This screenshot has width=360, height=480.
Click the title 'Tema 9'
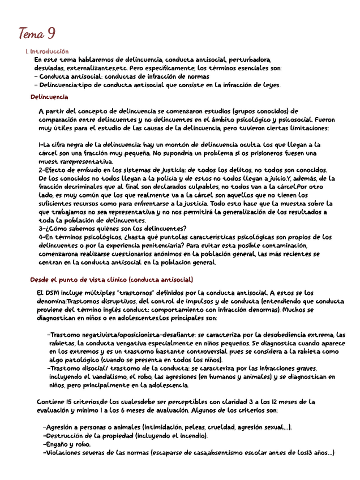coord(36,34)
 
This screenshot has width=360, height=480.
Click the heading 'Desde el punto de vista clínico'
coord(111,280)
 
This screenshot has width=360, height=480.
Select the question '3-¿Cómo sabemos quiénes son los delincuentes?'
coord(113,228)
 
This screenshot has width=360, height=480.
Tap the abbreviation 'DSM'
coord(53,293)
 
